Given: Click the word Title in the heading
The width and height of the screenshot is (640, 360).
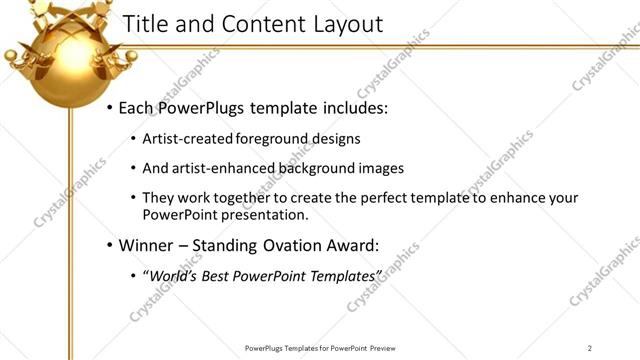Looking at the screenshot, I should click(x=142, y=24).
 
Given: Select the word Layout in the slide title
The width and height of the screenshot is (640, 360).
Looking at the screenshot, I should click(x=339, y=24).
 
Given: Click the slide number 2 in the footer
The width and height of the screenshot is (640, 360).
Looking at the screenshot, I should click(x=590, y=348).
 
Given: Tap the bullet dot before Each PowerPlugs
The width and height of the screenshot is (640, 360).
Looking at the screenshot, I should click(x=110, y=107).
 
